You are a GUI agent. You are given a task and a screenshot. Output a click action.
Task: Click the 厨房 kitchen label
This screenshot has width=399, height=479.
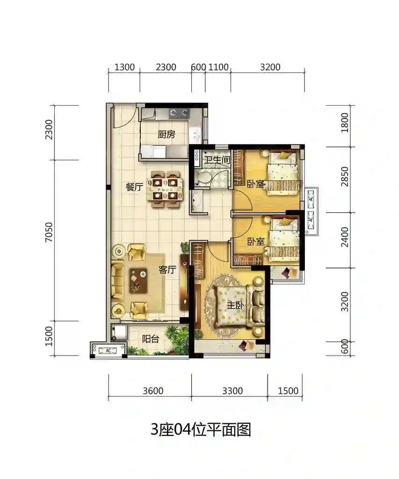[x=167, y=134]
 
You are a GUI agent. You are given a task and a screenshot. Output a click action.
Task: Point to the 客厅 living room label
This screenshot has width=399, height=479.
[x=167, y=269]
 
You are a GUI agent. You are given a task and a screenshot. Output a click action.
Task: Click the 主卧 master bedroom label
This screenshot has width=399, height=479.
[x=235, y=305]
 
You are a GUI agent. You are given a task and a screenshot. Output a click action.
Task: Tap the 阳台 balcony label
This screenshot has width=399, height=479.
[x=151, y=339]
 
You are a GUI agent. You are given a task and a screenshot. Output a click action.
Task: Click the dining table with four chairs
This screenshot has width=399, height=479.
[x=165, y=189]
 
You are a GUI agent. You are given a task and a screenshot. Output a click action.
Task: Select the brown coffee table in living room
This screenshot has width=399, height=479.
[x=138, y=281]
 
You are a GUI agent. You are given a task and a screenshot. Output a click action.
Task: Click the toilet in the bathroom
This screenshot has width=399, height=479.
[x=202, y=178]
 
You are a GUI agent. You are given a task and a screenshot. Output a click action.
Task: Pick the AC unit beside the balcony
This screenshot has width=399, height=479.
[x=109, y=350]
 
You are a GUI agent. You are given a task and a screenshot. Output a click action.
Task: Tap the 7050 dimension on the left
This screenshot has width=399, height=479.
[x=49, y=232]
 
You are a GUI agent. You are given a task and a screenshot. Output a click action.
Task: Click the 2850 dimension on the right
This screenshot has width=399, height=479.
[x=345, y=176]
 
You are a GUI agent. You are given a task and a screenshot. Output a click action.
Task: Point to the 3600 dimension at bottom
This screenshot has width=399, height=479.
[x=153, y=391]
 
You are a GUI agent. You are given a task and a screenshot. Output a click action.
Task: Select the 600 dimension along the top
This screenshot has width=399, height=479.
[x=198, y=67]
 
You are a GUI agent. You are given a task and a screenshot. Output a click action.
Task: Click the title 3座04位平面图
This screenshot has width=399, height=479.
[x=201, y=429]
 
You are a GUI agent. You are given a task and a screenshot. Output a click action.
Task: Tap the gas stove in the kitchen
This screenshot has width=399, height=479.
[x=179, y=113]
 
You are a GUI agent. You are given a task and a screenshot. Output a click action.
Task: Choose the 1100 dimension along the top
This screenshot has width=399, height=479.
[x=218, y=67]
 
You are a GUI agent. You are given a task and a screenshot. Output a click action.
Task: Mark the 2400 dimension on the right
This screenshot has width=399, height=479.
[x=345, y=237]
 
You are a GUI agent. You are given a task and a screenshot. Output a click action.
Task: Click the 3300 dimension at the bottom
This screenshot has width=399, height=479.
[x=232, y=391]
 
